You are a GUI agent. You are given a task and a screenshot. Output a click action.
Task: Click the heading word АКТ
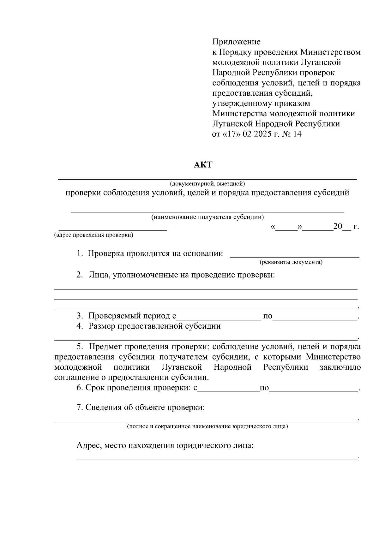tap(203, 165)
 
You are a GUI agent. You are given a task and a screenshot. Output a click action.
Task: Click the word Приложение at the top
tap(236, 42)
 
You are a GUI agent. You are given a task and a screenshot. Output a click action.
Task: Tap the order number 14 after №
tap(297, 134)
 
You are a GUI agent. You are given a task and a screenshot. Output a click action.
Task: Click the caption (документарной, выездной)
tap(207, 183)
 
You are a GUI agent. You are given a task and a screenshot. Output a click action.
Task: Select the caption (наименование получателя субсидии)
tap(208, 217)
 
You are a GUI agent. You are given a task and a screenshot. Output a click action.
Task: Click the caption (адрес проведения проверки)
tap(93, 235)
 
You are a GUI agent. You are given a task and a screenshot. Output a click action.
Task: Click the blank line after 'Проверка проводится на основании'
tap(294, 254)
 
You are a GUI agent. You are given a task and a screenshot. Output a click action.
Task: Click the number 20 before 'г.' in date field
tap(338, 227)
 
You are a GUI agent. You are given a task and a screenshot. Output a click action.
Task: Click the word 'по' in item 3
tap(268, 316)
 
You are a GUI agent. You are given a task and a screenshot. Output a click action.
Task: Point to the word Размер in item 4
tap(102, 326)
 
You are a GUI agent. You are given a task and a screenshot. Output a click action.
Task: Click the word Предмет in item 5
tap(105, 347)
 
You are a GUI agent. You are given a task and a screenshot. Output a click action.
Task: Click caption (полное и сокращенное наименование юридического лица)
tap(207, 427)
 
